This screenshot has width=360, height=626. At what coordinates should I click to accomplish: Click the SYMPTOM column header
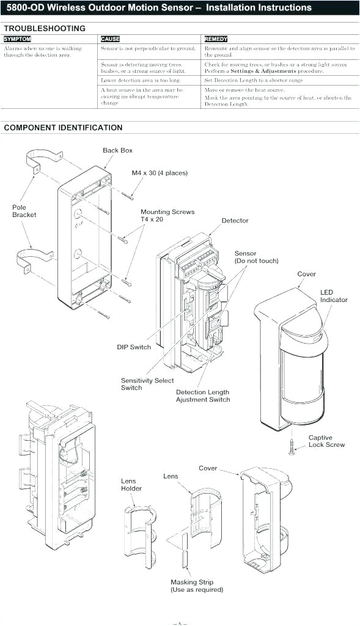[17, 39]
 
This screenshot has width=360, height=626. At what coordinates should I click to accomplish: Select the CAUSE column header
[110, 39]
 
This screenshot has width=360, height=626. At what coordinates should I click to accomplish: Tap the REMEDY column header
[216, 39]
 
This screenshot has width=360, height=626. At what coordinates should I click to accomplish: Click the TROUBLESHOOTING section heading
[45, 28]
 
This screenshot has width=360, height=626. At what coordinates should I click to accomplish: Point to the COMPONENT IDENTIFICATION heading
[63, 128]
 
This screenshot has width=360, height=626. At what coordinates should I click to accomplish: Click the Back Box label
[117, 150]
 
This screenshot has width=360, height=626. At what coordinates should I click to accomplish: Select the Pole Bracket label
[24, 211]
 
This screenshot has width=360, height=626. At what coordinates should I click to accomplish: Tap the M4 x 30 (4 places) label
[160, 173]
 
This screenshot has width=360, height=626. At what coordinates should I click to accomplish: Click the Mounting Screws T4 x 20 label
[167, 215]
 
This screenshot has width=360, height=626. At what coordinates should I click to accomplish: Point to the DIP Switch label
[134, 347]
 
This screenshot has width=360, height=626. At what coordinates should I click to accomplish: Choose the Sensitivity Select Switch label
[147, 384]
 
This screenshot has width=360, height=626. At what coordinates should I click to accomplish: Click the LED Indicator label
[334, 296]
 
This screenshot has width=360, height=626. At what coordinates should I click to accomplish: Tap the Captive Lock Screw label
[326, 441]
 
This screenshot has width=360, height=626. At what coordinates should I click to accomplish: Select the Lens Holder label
[131, 485]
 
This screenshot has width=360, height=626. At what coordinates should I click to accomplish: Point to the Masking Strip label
[197, 586]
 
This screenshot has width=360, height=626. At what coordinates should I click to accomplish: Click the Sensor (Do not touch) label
[256, 257]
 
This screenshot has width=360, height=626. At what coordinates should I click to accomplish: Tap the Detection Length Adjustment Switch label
[203, 396]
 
